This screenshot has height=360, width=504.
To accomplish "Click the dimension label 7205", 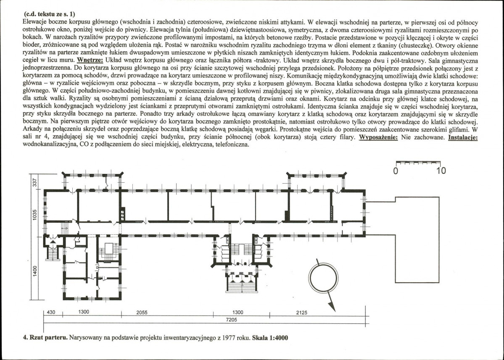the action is pyautogui.click(x=232, y=320).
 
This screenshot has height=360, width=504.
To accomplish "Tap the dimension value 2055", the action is pyautogui.click(x=142, y=313).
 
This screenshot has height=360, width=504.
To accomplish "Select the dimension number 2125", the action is pyautogui.click(x=301, y=313).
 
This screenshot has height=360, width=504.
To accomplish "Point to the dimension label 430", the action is pyautogui.click(x=51, y=312).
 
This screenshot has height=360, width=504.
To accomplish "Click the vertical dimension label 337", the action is pyautogui.click(x=35, y=182).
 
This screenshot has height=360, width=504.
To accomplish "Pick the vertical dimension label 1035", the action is pyautogui.click(x=35, y=215).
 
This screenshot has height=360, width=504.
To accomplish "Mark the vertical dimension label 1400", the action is pyautogui.click(x=35, y=271).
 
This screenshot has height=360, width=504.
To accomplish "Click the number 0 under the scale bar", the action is pyautogui.click(x=396, y=171).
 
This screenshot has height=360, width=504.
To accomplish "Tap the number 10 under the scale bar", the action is pyautogui.click(x=441, y=171).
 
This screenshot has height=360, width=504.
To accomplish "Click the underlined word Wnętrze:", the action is pyautogui.click(x=90, y=60).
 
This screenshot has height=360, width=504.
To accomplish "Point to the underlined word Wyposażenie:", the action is pyautogui.click(x=378, y=137).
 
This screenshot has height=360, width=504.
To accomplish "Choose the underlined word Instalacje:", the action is pyautogui.click(x=463, y=137).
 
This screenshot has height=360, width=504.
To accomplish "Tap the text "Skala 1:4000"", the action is pyautogui.click(x=270, y=337).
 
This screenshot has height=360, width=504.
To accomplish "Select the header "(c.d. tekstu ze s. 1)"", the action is pyautogui.click(x=50, y=14).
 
